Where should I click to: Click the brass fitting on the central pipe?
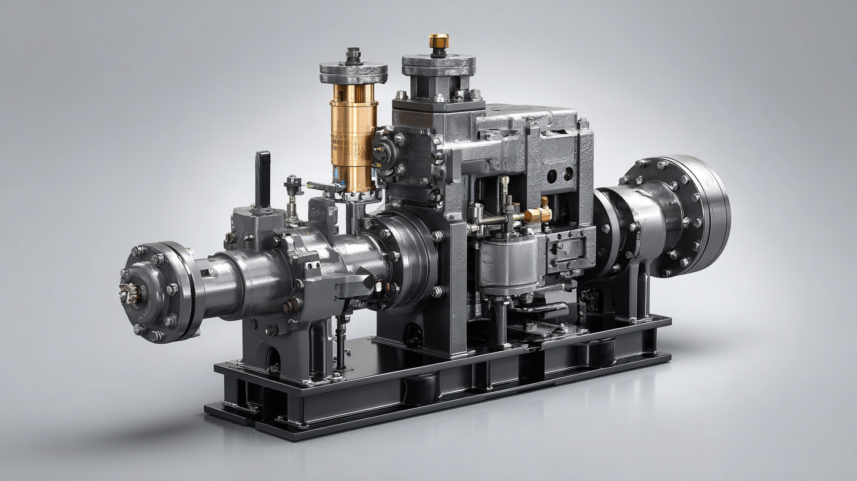point(537,215)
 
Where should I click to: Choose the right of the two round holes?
point(568,174)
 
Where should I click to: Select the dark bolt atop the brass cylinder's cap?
point(353,55)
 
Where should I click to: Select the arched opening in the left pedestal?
point(272,360)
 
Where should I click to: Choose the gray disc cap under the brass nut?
point(439,65)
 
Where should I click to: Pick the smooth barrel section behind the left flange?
point(224,286)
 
